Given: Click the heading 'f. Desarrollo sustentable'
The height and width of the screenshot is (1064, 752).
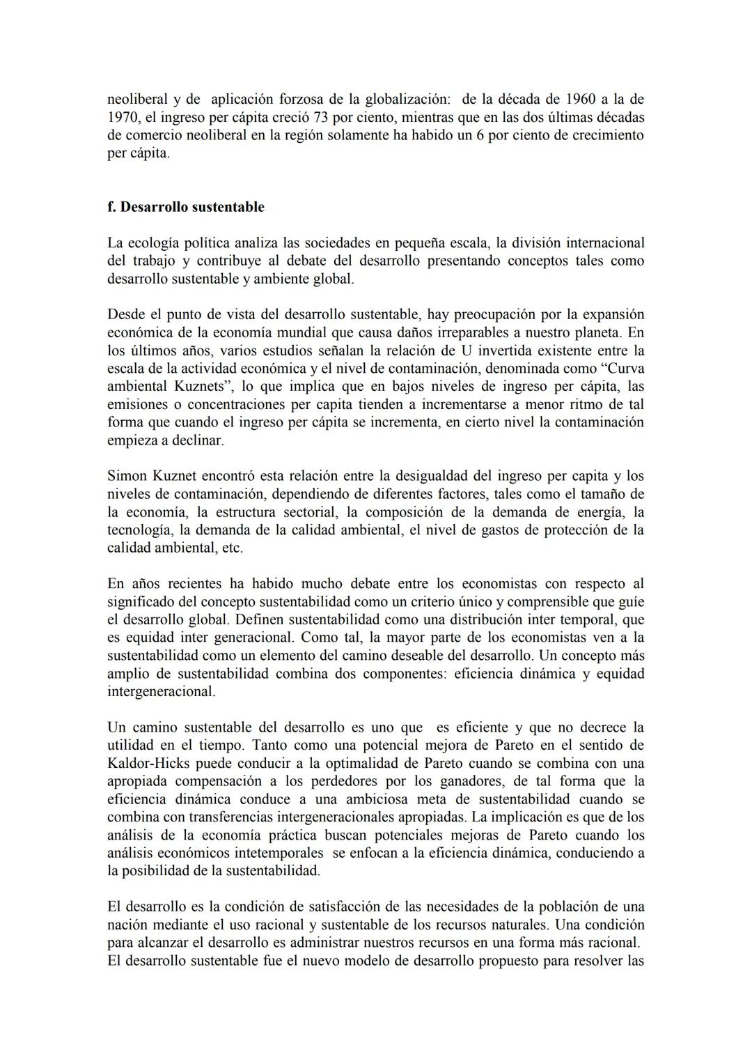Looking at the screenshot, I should pyautogui.click(x=186, y=207).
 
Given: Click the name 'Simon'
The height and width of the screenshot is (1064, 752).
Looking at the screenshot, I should pyautogui.click(x=127, y=477).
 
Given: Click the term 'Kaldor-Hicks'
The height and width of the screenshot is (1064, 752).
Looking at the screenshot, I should pyautogui.click(x=146, y=763).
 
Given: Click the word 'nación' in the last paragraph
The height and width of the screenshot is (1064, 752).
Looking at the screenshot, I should pyautogui.click(x=127, y=925).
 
